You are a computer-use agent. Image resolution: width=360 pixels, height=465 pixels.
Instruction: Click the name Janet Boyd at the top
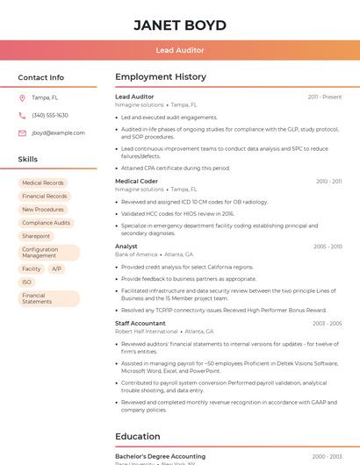(180, 25)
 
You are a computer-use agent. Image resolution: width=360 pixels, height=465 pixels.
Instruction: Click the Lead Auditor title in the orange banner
(180, 51)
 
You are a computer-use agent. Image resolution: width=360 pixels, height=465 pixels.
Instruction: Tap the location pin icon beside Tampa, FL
(22, 97)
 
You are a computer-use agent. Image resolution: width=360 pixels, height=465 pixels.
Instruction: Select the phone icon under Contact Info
(22, 115)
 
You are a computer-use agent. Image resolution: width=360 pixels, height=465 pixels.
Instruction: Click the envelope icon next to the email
(22, 132)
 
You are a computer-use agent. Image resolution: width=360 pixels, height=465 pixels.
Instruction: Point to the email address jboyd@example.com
(58, 132)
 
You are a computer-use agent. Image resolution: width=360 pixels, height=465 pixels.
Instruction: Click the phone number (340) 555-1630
(50, 115)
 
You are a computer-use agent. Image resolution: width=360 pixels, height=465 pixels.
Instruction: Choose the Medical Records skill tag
(43, 183)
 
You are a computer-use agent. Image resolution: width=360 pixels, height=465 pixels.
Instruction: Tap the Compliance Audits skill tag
(46, 223)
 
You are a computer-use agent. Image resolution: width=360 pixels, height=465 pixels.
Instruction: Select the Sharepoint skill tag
(36, 236)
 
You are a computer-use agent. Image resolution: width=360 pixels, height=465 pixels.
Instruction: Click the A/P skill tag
(56, 268)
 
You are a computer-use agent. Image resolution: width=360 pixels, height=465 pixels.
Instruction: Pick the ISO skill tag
(27, 282)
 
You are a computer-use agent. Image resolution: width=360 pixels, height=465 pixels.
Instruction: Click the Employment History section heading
(161, 77)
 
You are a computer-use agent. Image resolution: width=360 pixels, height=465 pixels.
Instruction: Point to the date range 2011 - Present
(325, 97)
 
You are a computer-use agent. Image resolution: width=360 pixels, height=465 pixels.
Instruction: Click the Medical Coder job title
(136, 181)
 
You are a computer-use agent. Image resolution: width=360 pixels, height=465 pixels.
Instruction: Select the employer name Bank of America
(136, 254)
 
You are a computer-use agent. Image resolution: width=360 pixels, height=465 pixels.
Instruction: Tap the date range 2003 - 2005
(327, 324)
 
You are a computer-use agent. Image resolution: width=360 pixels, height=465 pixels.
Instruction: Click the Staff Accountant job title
(140, 324)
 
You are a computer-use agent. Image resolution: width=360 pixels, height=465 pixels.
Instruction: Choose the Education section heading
(138, 436)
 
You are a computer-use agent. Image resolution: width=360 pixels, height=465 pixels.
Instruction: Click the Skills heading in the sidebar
(28, 160)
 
